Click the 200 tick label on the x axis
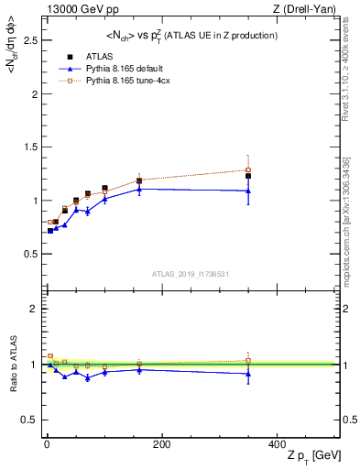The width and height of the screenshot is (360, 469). coord(161,444)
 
